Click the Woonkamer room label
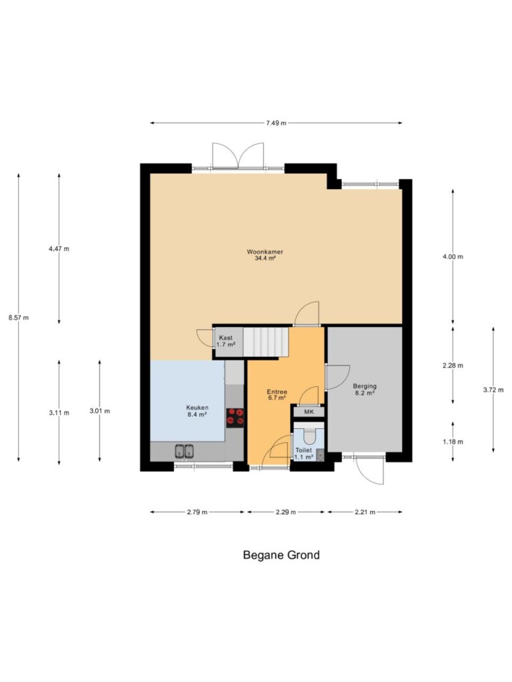pos(265,252)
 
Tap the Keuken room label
pos(197,408)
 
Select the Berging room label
pos(365,386)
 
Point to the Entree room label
pos(277,392)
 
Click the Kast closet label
pos(226,338)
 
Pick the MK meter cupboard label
pos(309,412)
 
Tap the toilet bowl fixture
pos(309,434)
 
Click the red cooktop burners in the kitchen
pos(235,417)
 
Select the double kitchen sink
pos(184,451)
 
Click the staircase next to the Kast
pos(265,342)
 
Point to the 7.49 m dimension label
pos(277,123)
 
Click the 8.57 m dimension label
pos(19,318)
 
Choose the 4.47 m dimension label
pos(59,249)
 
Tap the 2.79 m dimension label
pos(197,512)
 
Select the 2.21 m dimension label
pos(365,512)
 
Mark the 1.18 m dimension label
pos(453,442)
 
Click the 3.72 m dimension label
pos(493,390)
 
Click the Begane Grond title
pos(281,555)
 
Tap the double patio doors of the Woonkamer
pos(238,155)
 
